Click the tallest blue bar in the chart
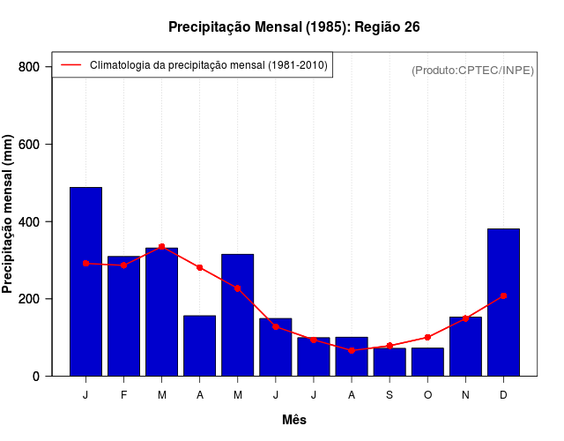tap(85, 282)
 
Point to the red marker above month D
tap(503, 295)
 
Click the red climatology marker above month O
tap(427, 337)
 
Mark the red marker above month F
tap(123, 265)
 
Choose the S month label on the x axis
tap(390, 395)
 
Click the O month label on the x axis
tap(427, 395)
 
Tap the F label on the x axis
tap(123, 395)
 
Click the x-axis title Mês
tap(294, 420)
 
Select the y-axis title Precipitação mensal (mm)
tap(9, 214)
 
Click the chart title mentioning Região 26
tap(294, 27)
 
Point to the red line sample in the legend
tap(70, 65)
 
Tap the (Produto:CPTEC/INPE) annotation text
tap(472, 71)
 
